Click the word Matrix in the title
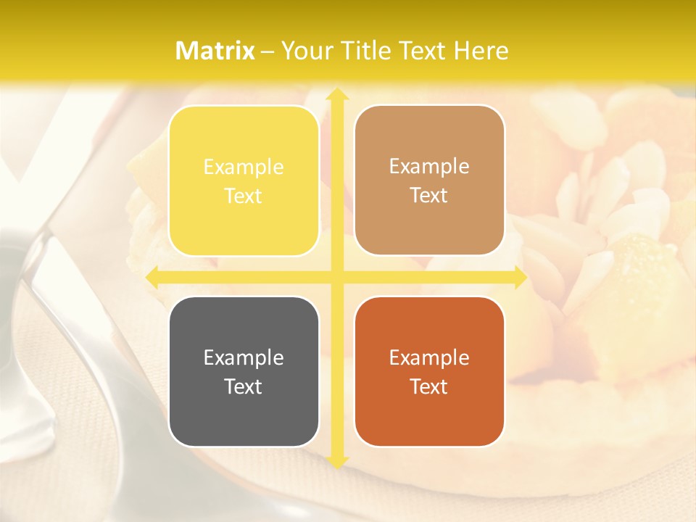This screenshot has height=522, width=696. point(215,51)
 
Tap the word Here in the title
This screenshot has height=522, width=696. point(481,51)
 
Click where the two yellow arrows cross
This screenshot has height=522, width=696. point(336,277)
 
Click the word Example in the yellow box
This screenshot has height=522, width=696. point(244,167)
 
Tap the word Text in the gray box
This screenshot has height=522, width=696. point(244,386)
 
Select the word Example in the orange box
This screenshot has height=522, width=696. point(429,357)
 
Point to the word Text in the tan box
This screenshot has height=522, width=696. point(429,196)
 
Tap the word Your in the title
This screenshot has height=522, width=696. point(306,51)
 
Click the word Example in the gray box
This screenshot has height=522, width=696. point(244,357)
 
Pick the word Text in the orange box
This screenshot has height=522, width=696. point(429,386)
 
